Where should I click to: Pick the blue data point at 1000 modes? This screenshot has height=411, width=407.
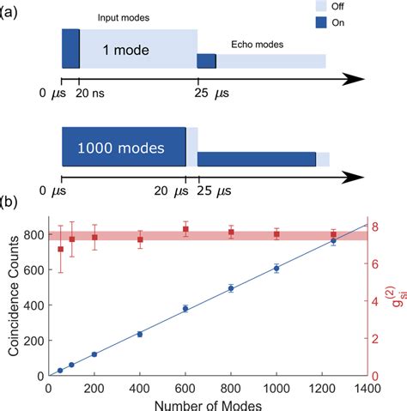click(276, 268)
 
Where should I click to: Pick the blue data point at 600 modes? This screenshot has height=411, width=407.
click(185, 309)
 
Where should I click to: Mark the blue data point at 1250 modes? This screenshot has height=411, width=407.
click(333, 241)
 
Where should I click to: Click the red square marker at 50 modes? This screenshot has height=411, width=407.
click(60, 249)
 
